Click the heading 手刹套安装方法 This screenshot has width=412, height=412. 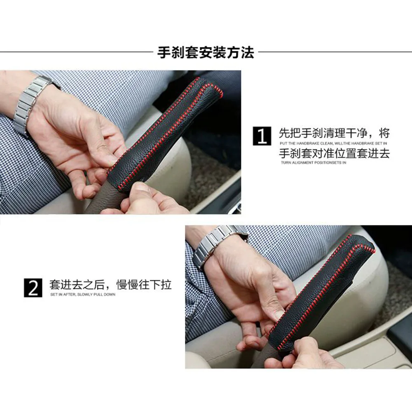206,53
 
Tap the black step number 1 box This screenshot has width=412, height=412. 262,136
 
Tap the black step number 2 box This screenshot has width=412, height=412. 33,288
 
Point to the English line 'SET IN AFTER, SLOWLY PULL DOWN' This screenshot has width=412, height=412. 83,295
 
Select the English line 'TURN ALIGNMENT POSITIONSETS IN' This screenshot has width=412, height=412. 314,163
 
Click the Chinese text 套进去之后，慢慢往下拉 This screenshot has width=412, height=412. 110,285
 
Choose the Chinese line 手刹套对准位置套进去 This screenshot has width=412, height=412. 334,153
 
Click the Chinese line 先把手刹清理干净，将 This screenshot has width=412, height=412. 334,133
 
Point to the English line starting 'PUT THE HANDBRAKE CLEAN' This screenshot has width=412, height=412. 333,143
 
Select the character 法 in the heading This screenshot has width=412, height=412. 248,53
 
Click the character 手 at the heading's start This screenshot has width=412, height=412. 164,53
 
